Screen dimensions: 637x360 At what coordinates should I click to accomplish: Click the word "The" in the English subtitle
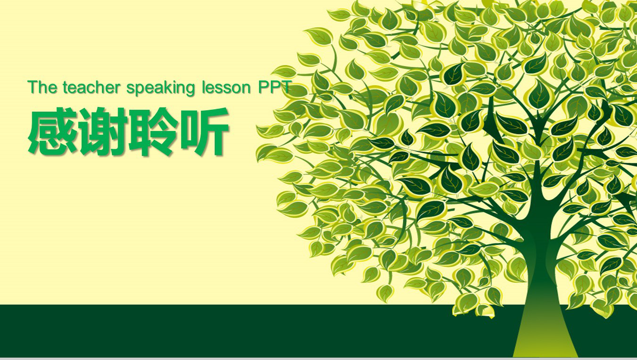43,87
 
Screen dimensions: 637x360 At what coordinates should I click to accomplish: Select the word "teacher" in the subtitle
92,87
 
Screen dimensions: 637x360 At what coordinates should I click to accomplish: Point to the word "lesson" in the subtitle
226,87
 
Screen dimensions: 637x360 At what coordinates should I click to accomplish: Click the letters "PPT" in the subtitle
274,87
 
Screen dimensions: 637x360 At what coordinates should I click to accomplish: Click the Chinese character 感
52,131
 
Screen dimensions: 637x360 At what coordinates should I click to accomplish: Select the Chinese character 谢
103,131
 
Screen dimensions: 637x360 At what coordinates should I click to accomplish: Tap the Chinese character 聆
153,131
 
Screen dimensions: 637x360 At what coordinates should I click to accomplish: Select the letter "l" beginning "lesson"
204,87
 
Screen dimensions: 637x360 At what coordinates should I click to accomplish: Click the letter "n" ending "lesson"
246,89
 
